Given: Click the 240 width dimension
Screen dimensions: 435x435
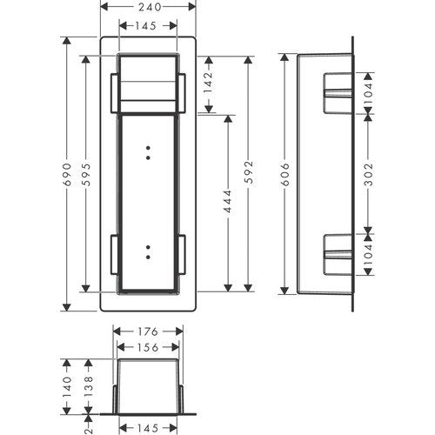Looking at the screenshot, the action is click(x=150, y=7).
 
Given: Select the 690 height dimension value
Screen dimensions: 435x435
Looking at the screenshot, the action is click(x=67, y=174).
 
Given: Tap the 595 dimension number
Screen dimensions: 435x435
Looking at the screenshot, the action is click(x=86, y=174).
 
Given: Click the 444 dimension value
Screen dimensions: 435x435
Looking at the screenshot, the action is click(x=228, y=201).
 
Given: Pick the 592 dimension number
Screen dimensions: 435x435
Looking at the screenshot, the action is click(x=249, y=172).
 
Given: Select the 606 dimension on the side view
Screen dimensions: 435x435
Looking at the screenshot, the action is click(x=285, y=174).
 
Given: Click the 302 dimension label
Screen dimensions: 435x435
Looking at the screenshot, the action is click(x=368, y=174).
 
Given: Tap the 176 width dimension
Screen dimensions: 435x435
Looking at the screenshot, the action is click(x=148, y=331).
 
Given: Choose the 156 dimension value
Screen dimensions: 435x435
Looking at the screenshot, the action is click(x=148, y=347).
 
